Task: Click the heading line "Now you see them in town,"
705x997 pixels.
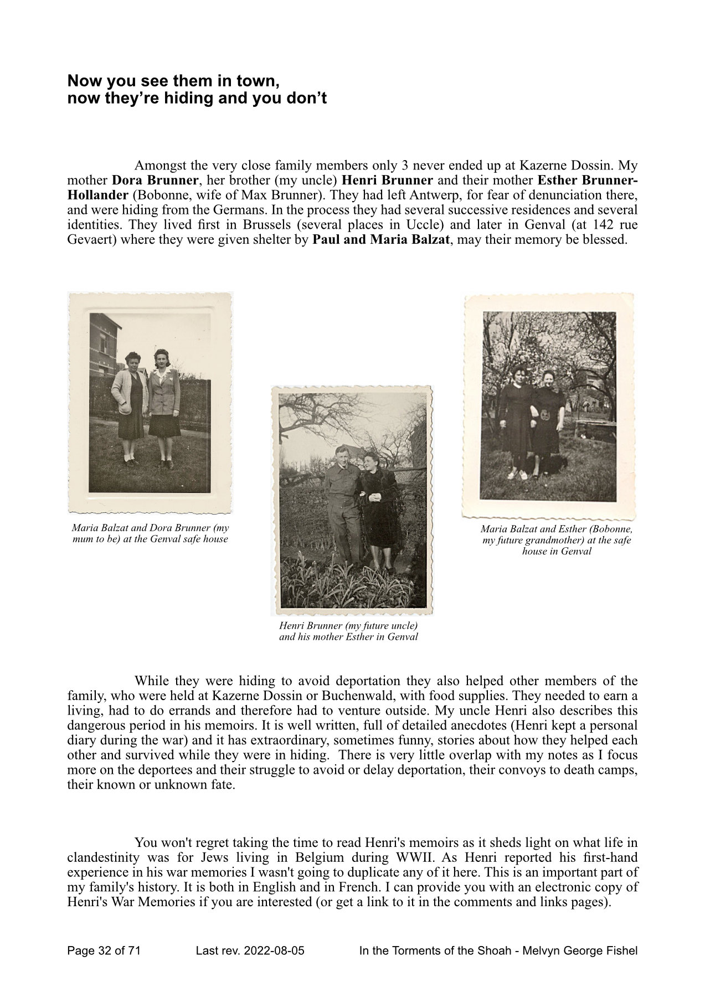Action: (x=172, y=81)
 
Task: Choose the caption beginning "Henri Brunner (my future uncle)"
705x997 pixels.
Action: (x=348, y=626)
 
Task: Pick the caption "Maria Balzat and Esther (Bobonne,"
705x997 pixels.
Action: (x=557, y=529)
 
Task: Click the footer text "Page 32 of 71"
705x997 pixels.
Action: (x=104, y=952)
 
